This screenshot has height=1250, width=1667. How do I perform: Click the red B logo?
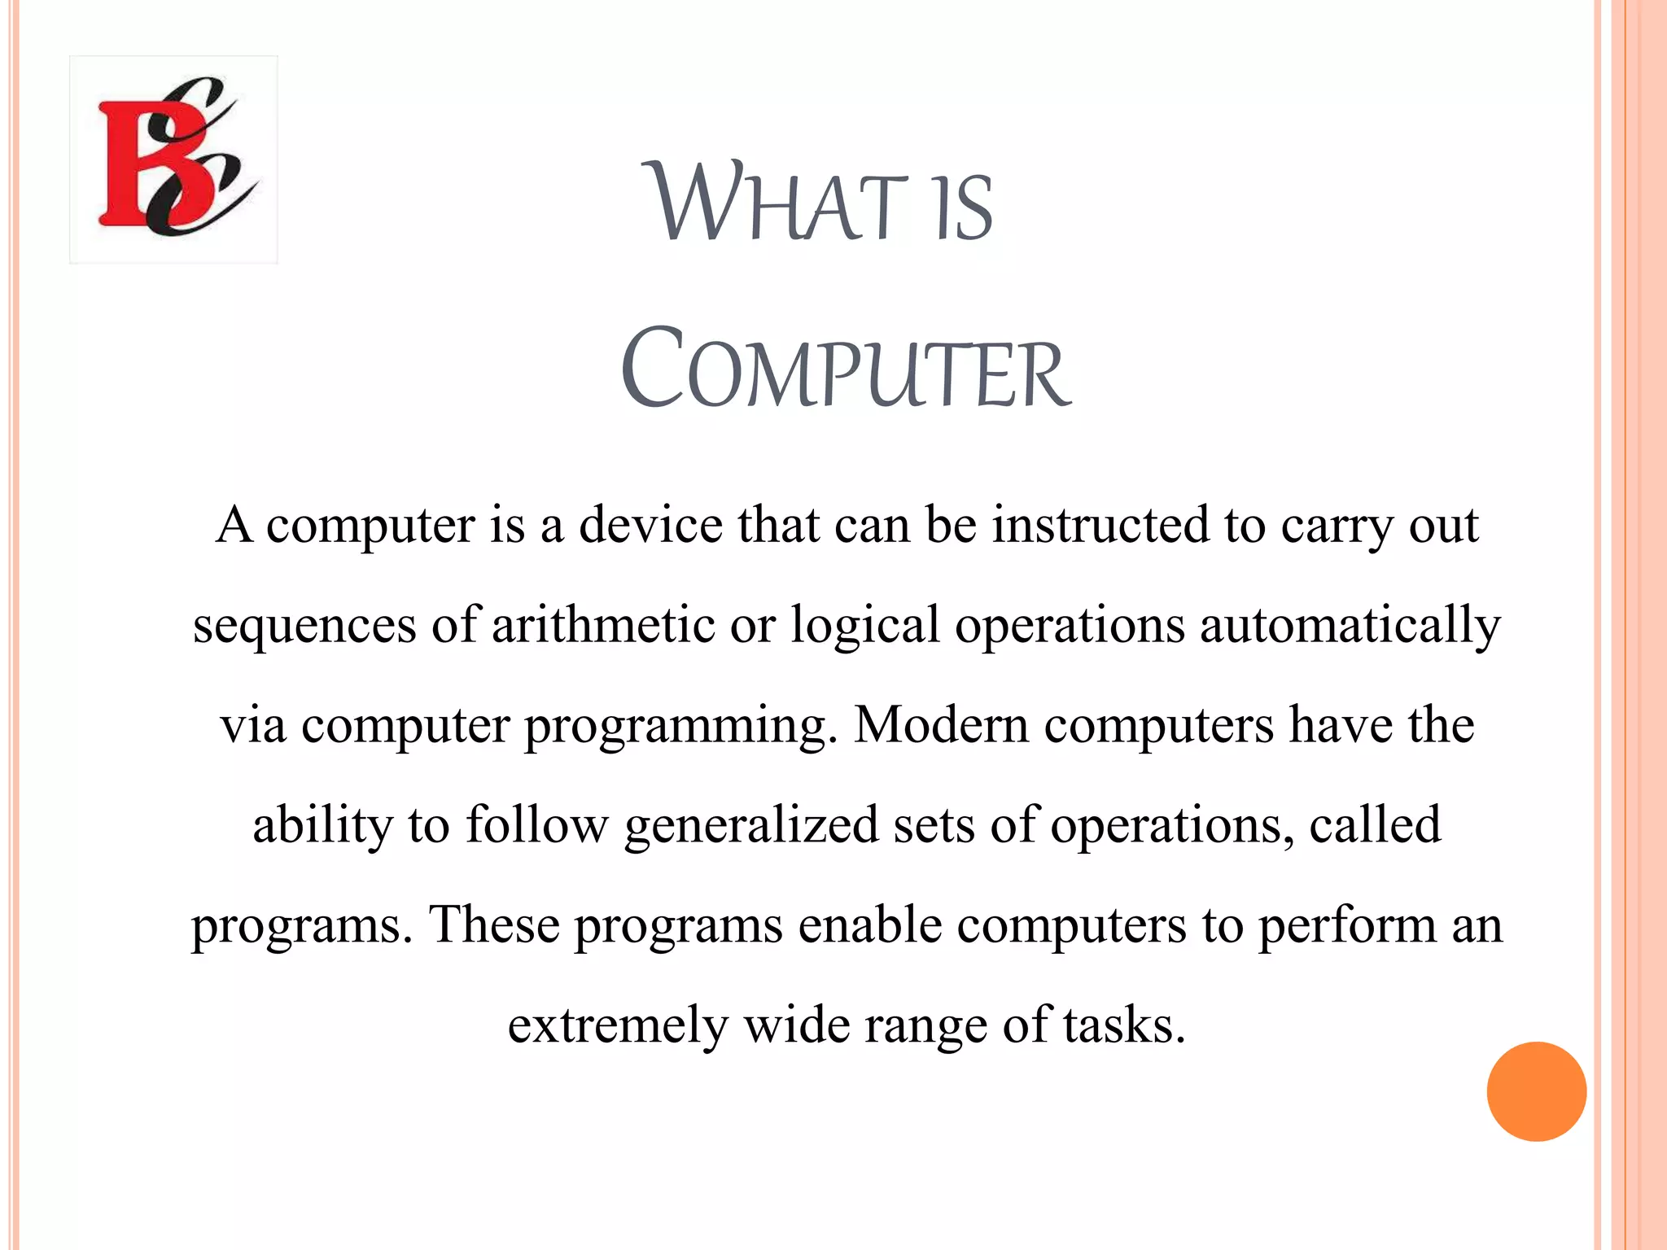pyautogui.click(x=173, y=160)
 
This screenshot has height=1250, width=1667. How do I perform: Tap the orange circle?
pyautogui.click(x=1536, y=1091)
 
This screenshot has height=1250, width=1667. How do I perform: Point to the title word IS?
pyautogui.click(x=964, y=208)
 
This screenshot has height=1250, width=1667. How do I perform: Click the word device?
pyautogui.click(x=650, y=525)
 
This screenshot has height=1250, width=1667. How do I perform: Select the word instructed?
pyautogui.click(x=1100, y=525)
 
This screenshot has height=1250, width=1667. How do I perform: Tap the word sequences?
pyautogui.click(x=304, y=626)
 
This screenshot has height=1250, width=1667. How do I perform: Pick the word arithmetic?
pyautogui.click(x=603, y=625)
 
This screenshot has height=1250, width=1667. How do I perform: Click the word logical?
pyautogui.click(x=865, y=626)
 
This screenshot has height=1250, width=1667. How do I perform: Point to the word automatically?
pyautogui.click(x=1350, y=626)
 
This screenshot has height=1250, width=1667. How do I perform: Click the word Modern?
pyautogui.click(x=941, y=725)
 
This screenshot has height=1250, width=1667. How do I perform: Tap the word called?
pyautogui.click(x=1375, y=825)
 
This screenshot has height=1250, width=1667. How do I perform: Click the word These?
pyautogui.click(x=494, y=925)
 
